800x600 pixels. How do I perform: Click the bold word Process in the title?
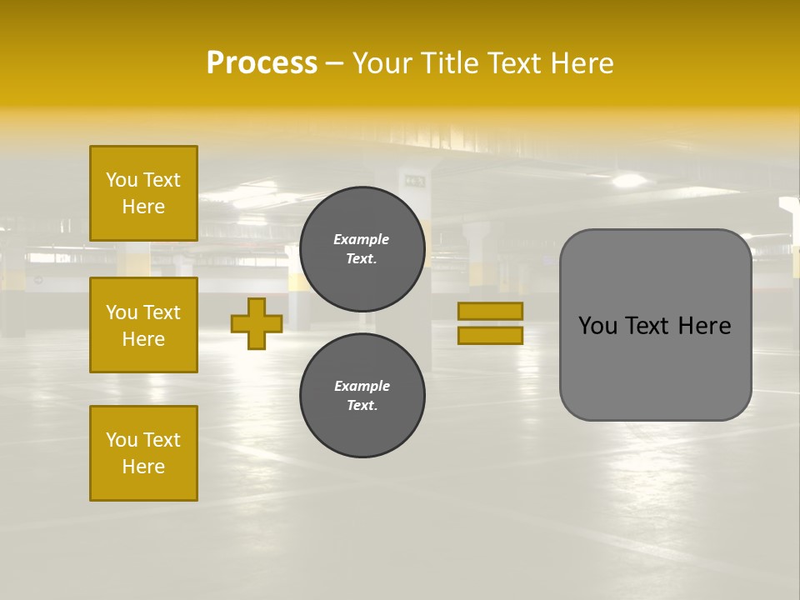(x=262, y=63)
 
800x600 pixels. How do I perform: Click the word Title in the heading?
(x=451, y=63)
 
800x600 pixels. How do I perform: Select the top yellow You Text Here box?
(x=143, y=193)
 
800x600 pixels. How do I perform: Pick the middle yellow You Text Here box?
(x=143, y=325)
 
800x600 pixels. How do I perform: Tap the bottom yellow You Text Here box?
(x=143, y=453)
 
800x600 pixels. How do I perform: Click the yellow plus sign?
(x=257, y=323)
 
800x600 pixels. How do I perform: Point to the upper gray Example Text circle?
(x=362, y=249)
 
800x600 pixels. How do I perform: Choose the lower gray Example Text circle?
(x=362, y=396)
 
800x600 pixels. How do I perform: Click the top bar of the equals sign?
(x=490, y=311)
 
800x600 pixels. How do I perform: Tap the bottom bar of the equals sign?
(x=490, y=336)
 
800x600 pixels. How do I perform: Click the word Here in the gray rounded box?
(x=704, y=326)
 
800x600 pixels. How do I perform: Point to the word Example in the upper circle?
(x=361, y=239)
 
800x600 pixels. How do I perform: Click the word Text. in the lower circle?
(x=362, y=406)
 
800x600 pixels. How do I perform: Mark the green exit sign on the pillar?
(x=414, y=181)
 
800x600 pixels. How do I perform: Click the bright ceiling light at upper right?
(x=629, y=181)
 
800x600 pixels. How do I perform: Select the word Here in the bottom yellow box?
(x=143, y=467)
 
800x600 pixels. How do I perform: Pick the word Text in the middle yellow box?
(x=161, y=312)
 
